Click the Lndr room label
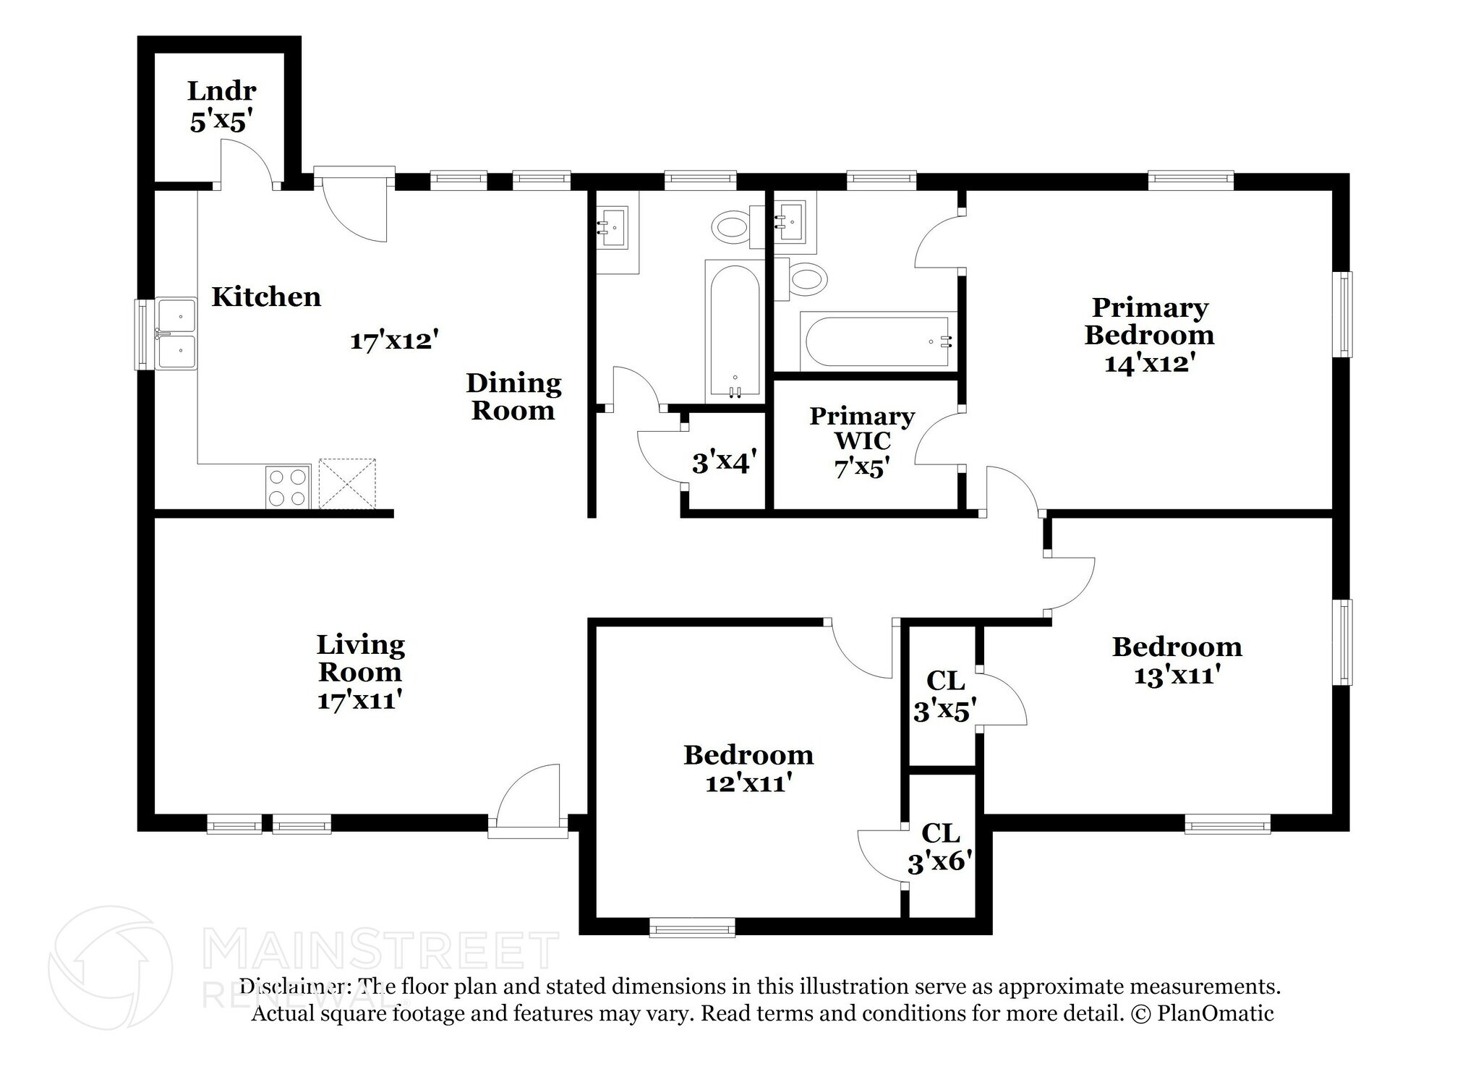pos(221,91)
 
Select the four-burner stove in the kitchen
pos(289,487)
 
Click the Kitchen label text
pos(266,297)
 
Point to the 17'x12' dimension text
pos(395,340)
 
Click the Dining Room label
pos(513,396)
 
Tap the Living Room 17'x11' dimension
pos(359,700)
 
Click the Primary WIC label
pos(862,428)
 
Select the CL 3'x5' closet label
pos(945,696)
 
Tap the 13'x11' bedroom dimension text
pos(1177,675)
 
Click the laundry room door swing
pos(247,163)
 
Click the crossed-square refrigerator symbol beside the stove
pos(347,483)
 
